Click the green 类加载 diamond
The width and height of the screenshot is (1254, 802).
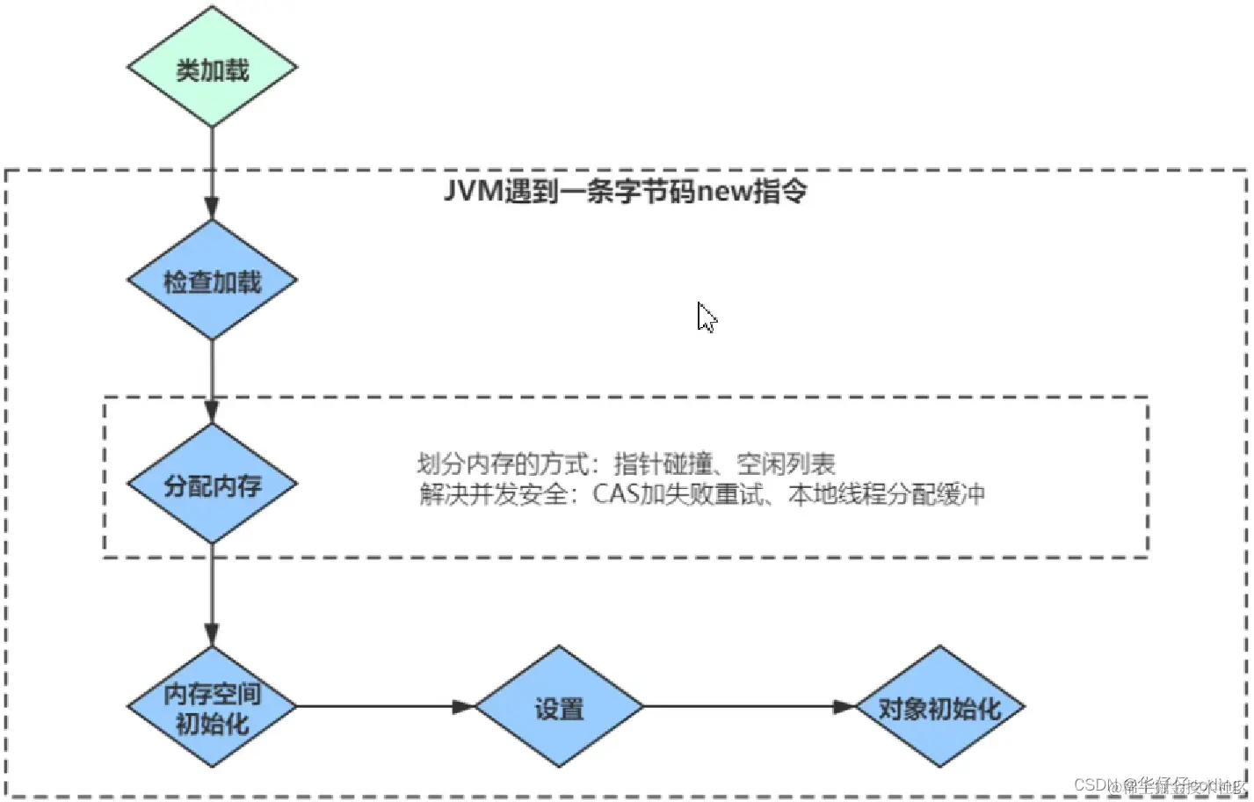[x=212, y=68]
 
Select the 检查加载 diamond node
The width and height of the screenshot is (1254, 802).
[x=212, y=281]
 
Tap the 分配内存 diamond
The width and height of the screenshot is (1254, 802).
[x=212, y=484]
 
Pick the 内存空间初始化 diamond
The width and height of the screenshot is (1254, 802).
[x=212, y=707]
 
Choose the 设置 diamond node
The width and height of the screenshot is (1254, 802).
[x=559, y=707]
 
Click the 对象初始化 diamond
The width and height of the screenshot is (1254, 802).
[x=939, y=707]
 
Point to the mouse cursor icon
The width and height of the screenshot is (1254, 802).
[x=706, y=317]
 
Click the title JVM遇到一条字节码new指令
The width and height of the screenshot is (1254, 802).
[x=625, y=191]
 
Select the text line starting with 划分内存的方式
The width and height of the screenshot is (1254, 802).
[x=625, y=463]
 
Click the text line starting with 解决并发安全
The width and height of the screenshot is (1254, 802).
[x=701, y=493]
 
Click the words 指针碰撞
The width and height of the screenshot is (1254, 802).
[x=663, y=463]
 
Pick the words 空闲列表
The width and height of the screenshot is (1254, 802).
[x=786, y=463]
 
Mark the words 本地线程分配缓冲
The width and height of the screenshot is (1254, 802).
[x=886, y=493]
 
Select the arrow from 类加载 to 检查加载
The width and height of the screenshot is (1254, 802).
[x=212, y=172]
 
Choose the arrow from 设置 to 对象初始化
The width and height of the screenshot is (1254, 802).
[x=748, y=706]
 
